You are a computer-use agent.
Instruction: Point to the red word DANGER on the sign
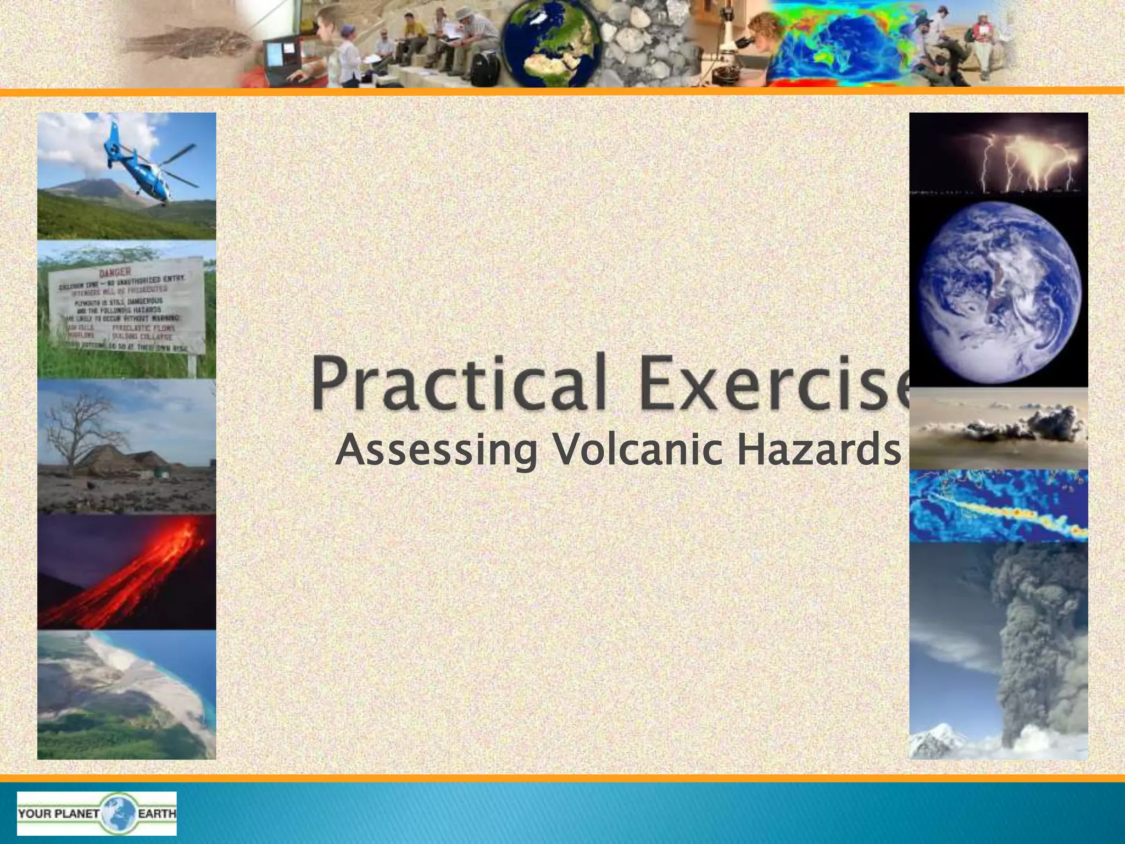[115, 272]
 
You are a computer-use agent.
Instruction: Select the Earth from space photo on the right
[999, 291]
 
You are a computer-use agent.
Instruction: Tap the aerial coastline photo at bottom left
[126, 695]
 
